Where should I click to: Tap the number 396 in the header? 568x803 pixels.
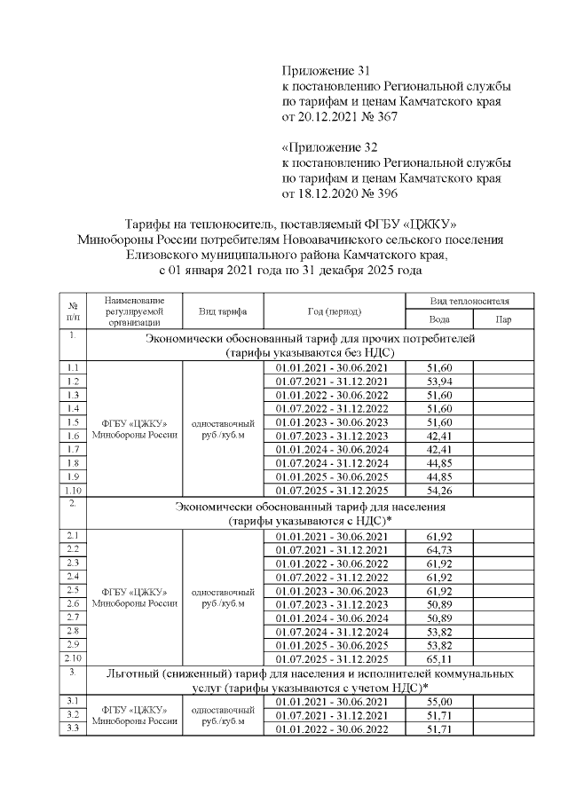coord(385,193)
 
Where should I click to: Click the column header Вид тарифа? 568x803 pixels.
coord(223,311)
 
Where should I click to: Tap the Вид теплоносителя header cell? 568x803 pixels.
coord(469,302)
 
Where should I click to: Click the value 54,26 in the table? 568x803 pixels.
coord(438,489)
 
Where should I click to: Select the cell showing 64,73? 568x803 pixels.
coord(438,549)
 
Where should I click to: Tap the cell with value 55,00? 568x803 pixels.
coord(438,702)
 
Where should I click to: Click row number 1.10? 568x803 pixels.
coord(74,489)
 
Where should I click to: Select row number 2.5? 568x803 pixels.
coord(74,590)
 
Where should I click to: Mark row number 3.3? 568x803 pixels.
coord(74,728)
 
